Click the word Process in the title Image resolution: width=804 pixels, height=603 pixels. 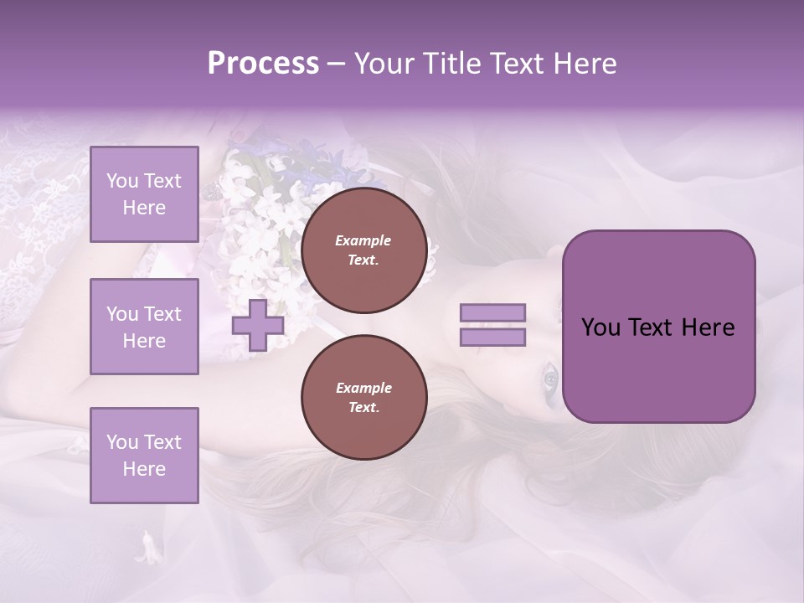pyautogui.click(x=263, y=64)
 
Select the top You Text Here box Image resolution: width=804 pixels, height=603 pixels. pyautogui.click(x=144, y=194)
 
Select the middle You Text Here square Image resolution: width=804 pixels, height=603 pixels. pyautogui.click(x=144, y=327)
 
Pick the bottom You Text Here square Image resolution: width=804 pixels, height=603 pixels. pyautogui.click(x=144, y=456)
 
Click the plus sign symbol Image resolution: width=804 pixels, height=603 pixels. pyautogui.click(x=257, y=326)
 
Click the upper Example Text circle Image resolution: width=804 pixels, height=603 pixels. pyautogui.click(x=363, y=250)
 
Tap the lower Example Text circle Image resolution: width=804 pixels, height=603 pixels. pyautogui.click(x=363, y=398)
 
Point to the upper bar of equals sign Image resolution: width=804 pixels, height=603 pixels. pyautogui.click(x=493, y=313)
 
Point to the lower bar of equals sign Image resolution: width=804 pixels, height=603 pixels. pyautogui.click(x=493, y=338)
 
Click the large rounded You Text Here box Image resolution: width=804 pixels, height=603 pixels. pyautogui.click(x=658, y=327)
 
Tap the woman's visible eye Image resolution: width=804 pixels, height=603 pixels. pyautogui.click(x=550, y=379)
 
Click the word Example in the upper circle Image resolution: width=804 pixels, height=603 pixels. pyautogui.click(x=363, y=240)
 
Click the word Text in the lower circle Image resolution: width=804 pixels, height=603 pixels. pyautogui.click(x=363, y=408)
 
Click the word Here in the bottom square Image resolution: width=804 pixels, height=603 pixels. pyautogui.click(x=144, y=469)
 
